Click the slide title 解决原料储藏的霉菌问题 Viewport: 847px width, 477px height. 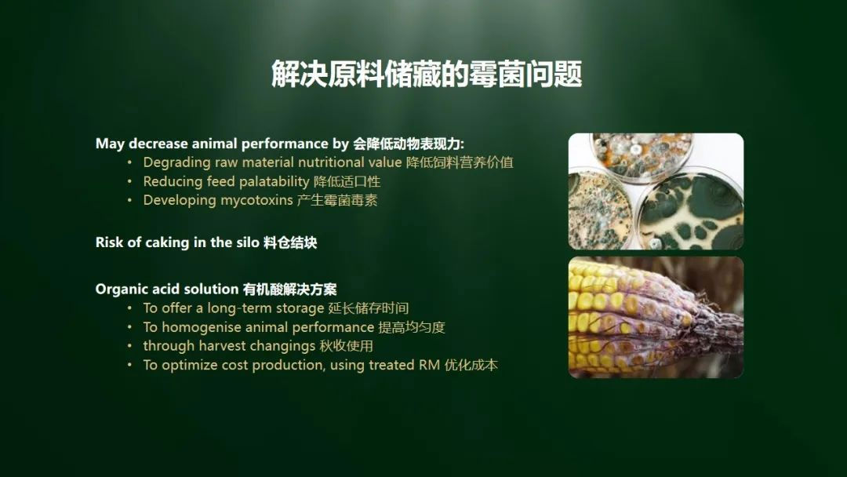point(427,74)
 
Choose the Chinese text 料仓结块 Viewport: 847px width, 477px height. point(290,242)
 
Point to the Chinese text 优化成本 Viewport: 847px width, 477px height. point(471,365)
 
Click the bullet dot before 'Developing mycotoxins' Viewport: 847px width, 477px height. point(129,200)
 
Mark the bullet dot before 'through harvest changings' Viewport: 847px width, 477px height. point(129,346)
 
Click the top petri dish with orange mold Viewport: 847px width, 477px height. point(641,157)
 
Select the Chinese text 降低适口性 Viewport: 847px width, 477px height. point(347,182)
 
